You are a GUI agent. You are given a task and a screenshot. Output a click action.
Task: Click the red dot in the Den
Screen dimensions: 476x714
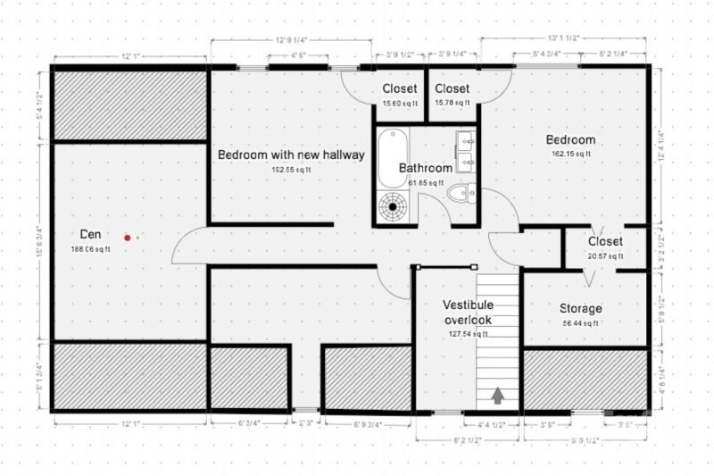(x=128, y=238)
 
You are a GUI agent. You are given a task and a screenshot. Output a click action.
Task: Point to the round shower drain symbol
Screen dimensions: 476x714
(x=393, y=207)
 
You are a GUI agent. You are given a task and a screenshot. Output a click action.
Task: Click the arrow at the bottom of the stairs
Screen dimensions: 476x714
(x=497, y=394)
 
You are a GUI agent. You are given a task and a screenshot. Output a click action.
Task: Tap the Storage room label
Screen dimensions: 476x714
(x=581, y=309)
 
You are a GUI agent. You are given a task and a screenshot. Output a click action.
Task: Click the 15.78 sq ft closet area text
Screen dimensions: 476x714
(x=452, y=104)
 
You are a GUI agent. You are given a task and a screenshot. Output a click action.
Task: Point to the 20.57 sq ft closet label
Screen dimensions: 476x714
(x=604, y=256)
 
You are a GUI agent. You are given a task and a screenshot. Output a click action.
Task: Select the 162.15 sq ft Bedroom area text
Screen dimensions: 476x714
(x=570, y=154)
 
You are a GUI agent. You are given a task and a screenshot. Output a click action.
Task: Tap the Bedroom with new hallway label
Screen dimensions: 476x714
(x=291, y=154)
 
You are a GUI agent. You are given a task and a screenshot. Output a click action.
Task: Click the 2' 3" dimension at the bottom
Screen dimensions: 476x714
(x=306, y=424)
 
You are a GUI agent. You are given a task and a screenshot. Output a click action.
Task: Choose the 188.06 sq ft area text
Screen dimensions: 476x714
(x=90, y=250)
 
